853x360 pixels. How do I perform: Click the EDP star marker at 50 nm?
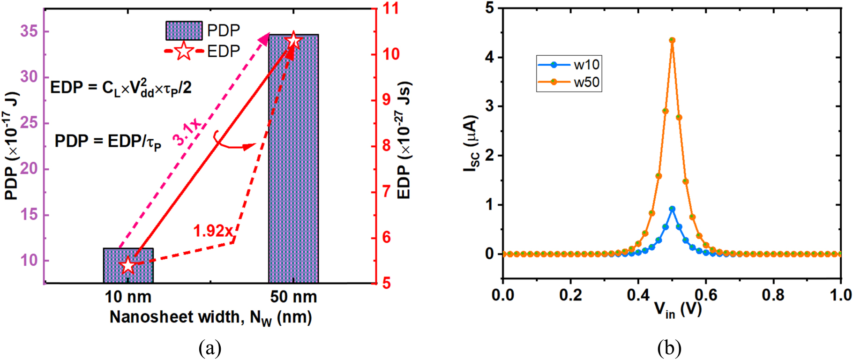293,41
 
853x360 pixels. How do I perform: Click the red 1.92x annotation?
213,231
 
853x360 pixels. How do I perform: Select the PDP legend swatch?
184,30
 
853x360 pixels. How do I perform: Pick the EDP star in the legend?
184,51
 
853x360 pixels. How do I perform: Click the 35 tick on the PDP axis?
29,31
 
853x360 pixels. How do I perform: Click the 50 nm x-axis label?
293,297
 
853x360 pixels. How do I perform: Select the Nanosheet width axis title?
210,317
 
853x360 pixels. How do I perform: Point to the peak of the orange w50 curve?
672,40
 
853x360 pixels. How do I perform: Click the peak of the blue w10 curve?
672,209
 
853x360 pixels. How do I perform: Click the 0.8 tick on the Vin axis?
773,295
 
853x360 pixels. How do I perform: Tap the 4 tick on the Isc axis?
490,58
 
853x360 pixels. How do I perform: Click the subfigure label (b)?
669,349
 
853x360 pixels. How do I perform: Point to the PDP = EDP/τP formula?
108,142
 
